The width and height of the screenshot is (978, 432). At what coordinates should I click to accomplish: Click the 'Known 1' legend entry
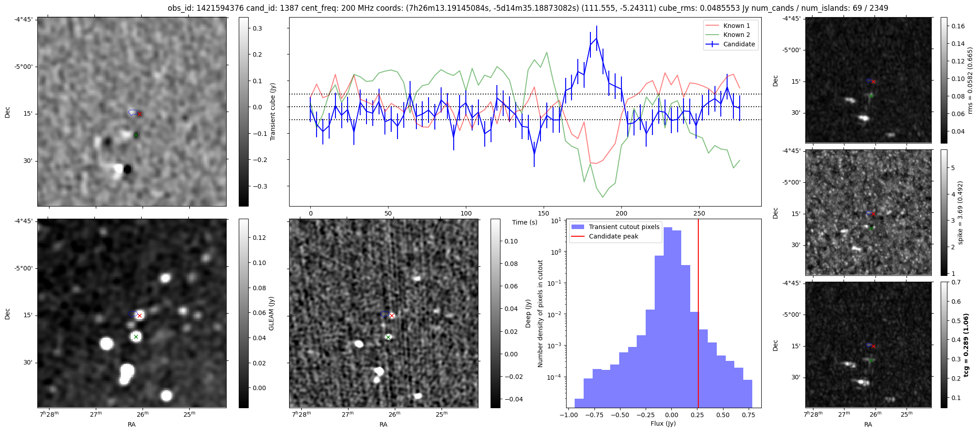click(736, 26)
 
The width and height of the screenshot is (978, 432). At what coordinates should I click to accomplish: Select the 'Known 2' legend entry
click(736, 35)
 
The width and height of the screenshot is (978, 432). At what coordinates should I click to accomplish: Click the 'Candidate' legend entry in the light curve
click(739, 44)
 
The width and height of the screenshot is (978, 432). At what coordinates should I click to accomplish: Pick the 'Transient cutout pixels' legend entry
click(624, 227)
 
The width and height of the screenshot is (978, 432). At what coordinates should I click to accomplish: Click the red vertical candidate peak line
click(698, 315)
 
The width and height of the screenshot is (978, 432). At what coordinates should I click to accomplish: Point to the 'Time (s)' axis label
click(525, 222)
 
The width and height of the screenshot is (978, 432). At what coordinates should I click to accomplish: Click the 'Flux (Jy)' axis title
click(663, 423)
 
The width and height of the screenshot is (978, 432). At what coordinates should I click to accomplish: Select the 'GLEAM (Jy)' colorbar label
click(271, 314)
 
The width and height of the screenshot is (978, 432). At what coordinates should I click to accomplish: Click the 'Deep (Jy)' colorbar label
click(528, 314)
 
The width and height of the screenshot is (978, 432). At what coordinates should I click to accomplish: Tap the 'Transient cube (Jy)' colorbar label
click(272, 112)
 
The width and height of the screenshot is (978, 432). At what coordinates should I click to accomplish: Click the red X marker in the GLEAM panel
click(139, 315)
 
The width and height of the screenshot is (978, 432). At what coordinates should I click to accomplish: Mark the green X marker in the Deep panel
click(388, 337)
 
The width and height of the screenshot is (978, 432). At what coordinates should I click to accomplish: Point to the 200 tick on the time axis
click(621, 213)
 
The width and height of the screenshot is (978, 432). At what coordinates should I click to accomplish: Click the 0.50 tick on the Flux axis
click(723, 415)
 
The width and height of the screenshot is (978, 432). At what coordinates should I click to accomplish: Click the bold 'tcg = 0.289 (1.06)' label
click(966, 345)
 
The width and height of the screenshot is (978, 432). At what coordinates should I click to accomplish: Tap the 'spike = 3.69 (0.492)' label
click(960, 212)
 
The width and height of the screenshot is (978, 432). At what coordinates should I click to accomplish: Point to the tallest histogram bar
click(668, 315)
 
